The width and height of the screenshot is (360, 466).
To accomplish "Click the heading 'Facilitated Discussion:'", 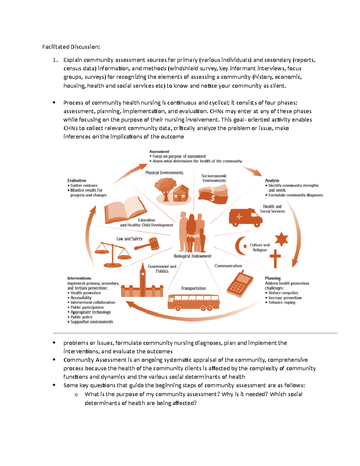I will (71, 47).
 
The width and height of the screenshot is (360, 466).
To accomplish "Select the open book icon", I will (125, 210).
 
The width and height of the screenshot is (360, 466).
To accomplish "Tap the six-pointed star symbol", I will (281, 239).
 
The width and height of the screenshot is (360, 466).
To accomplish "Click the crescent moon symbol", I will (240, 246).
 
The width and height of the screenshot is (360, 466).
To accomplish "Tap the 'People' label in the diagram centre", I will (193, 236).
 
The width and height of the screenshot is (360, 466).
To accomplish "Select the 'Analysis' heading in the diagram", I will (272, 180).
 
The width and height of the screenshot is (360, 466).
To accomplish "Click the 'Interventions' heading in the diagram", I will (79, 278).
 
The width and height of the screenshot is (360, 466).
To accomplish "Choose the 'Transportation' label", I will (193, 288).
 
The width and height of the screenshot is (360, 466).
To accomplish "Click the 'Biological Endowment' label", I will (193, 256).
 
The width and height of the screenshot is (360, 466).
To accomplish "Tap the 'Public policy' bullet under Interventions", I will (81, 317).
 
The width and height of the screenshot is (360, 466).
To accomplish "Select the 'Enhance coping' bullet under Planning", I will (282, 302).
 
